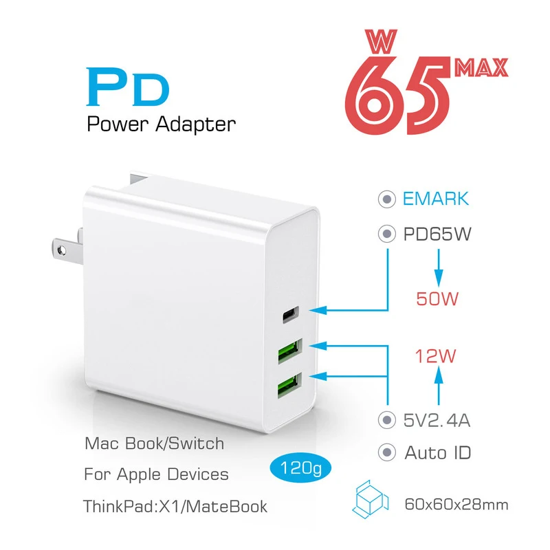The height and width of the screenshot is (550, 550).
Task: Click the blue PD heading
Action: (x=128, y=89)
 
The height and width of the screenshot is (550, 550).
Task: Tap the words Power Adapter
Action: (x=162, y=124)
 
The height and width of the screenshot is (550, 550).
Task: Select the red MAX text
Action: (x=481, y=67)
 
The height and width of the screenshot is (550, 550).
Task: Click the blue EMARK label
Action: (x=435, y=199)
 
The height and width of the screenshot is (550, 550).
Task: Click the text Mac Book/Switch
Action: (x=154, y=443)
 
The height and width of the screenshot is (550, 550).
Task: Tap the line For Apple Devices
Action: (x=156, y=474)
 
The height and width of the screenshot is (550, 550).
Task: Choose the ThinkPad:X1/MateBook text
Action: (x=175, y=507)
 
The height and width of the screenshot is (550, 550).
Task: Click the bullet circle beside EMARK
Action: (x=388, y=199)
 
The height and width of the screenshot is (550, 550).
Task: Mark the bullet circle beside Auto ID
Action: (x=388, y=453)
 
